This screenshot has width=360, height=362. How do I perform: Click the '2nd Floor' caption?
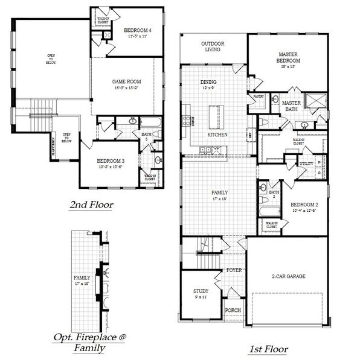coord(91,205)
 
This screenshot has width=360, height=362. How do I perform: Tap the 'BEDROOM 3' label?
coord(111,160)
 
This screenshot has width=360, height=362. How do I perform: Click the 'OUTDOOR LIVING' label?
coord(212,46)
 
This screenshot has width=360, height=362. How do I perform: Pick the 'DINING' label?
coord(208,82)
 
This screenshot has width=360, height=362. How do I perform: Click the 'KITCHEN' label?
coord(217,135)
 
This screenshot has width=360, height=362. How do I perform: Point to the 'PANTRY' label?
coord(259,96)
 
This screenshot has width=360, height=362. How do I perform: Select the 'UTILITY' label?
coord(306,163)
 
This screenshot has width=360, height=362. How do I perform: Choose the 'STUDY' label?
coord(201,291)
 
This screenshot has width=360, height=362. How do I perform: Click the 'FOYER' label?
coord(233,270)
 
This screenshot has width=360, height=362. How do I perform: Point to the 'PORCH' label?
coord(233,310)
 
